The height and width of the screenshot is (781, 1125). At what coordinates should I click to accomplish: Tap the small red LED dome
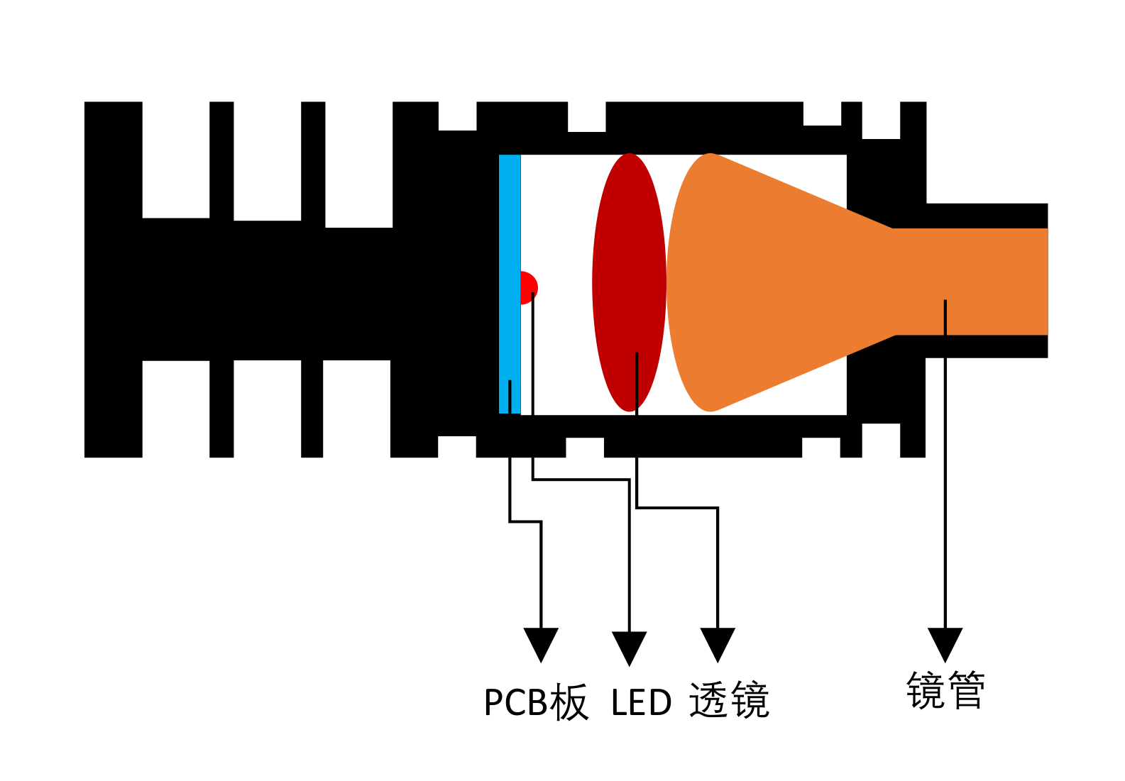tap(528, 284)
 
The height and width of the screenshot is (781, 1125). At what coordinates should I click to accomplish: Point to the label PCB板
tap(536, 702)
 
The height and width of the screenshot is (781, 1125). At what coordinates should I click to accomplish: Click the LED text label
tap(641, 703)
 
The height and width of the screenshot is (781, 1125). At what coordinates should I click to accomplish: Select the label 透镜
tap(729, 701)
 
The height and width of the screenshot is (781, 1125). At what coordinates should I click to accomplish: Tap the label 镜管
tap(945, 689)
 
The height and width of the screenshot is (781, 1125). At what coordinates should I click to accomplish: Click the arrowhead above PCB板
tap(541, 643)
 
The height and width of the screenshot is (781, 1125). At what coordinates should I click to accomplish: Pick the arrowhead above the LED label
tap(629, 647)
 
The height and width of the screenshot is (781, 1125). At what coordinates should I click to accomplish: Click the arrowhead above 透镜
tap(718, 643)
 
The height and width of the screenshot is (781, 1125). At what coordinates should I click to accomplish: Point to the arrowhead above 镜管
tap(945, 643)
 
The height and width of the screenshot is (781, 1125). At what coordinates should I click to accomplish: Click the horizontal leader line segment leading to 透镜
tap(677, 507)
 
